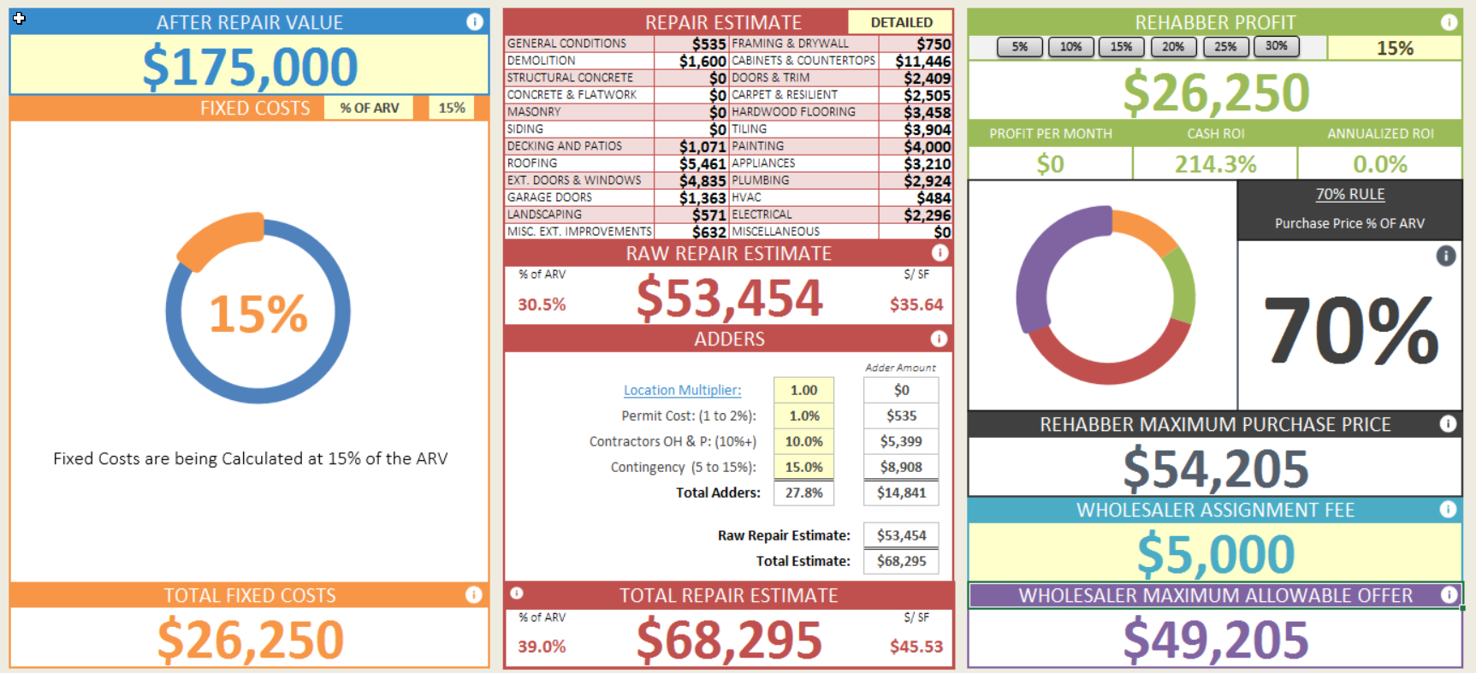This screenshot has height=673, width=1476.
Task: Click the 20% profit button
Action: tap(1173, 47)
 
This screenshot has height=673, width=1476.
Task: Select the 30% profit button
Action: tap(1276, 47)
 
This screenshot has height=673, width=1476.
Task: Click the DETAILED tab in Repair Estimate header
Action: tap(901, 22)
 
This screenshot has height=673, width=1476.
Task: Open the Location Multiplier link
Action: tap(682, 390)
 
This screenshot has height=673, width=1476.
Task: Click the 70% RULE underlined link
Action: tap(1349, 194)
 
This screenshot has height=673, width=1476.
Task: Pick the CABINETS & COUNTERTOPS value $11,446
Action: tap(922, 61)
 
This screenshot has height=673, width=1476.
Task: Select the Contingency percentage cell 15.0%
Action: tap(803, 467)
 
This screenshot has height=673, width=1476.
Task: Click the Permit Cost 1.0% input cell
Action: tap(803, 416)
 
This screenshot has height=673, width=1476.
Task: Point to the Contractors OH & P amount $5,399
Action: tap(901, 441)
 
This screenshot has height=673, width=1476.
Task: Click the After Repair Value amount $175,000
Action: tap(250, 67)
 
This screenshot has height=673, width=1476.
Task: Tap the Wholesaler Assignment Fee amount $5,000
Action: tap(1215, 554)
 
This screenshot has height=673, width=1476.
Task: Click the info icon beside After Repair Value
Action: tap(475, 22)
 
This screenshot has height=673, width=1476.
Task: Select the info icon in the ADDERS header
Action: tap(939, 339)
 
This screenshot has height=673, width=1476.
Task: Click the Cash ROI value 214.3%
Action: tap(1215, 163)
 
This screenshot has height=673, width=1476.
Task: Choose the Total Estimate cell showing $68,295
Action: tap(901, 561)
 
